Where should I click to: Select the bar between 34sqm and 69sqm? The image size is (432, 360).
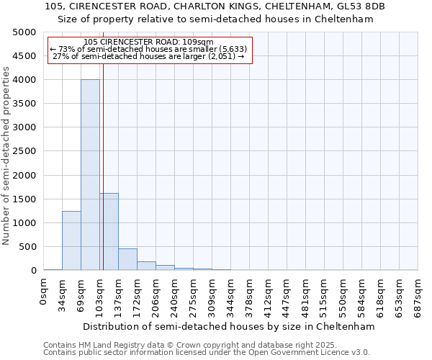pos(71,240)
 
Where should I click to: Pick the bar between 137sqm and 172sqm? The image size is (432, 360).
pos(127,259)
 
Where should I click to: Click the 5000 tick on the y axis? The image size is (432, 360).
pos(24,32)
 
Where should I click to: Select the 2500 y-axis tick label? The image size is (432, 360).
pos(24,151)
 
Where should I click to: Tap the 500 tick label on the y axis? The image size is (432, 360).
pos(27,247)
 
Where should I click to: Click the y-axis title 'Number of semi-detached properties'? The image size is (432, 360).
pos(7,156)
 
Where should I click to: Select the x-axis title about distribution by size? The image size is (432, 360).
pos(230,326)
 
